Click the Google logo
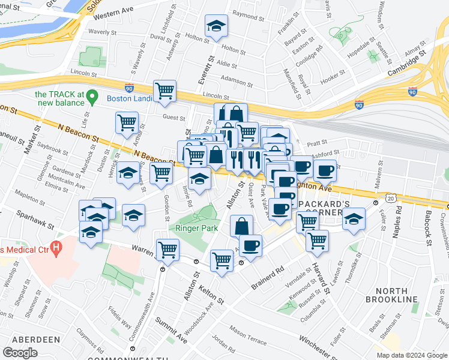[20, 353]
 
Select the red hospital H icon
[56, 247]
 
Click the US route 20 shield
[391, 197]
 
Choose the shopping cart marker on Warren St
[167, 249]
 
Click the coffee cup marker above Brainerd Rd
[250, 246]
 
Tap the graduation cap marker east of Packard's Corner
[354, 219]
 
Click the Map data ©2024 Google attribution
[412, 355]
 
